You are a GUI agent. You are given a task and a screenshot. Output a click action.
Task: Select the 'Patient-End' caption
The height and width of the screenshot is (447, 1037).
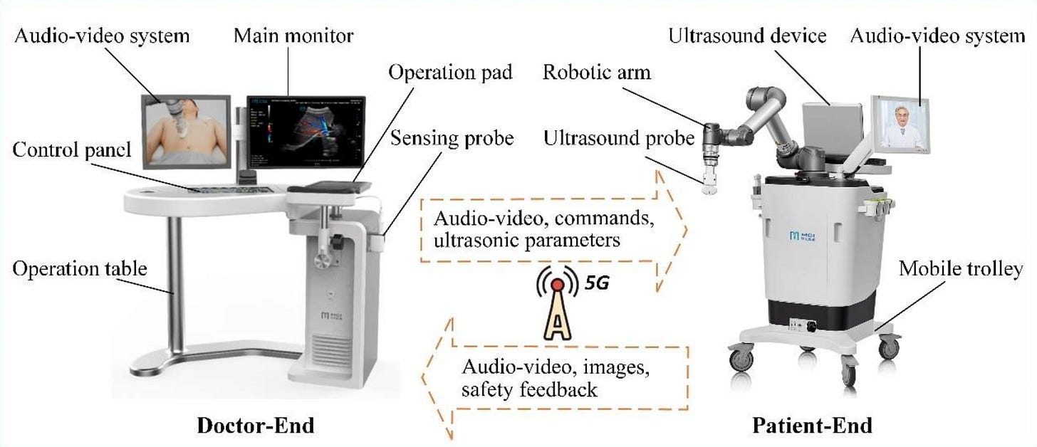(x=812, y=425)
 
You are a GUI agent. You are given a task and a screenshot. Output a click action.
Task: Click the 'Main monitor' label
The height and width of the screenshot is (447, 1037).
(x=293, y=35)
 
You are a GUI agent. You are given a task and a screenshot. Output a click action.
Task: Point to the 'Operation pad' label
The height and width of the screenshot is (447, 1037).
(x=450, y=72)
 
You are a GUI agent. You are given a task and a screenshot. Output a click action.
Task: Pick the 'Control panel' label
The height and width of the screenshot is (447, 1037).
(x=72, y=149)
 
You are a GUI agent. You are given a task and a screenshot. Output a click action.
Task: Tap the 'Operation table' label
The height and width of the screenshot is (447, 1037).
(x=80, y=268)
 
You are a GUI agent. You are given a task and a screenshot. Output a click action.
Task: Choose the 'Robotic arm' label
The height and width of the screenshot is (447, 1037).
(x=596, y=72)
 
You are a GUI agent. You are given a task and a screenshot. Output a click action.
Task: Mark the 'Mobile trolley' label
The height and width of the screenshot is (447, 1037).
(x=960, y=268)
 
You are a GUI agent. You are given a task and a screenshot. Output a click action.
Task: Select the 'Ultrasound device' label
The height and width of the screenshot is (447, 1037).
(x=747, y=35)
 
